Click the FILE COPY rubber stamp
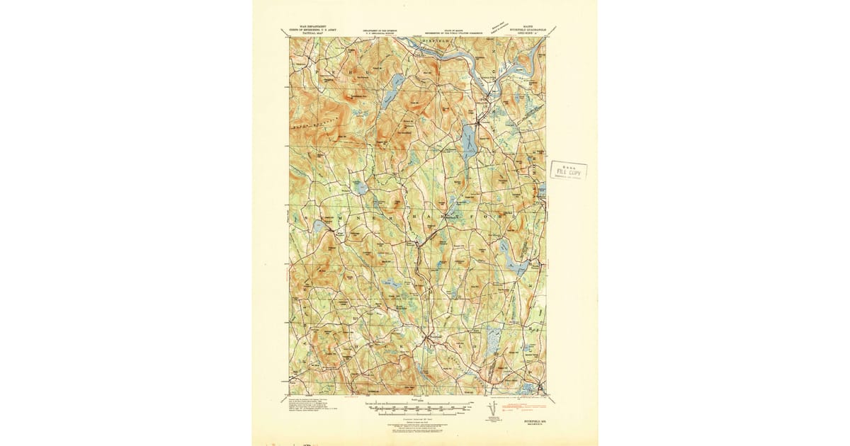coord(568,171)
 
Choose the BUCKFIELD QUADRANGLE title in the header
coord(528,30)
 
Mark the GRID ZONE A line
coord(528,34)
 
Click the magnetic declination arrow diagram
coord(494,411)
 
